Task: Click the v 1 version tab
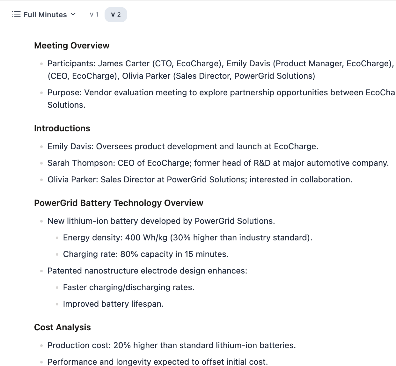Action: [x=94, y=15]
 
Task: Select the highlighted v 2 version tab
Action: [x=116, y=15]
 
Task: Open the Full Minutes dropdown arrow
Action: [x=73, y=14]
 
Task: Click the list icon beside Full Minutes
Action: [x=16, y=14]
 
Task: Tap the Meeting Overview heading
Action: [x=72, y=46]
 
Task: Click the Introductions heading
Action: [x=62, y=128]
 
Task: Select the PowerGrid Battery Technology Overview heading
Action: [x=119, y=203]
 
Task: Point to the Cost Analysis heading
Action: [x=62, y=327]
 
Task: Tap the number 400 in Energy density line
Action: [x=133, y=238]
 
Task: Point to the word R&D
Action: [x=262, y=163]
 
